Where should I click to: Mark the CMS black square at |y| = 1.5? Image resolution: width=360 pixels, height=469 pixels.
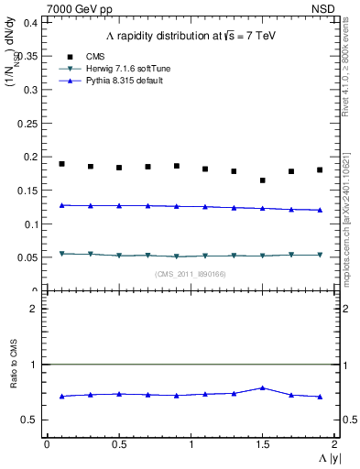tap(263, 180)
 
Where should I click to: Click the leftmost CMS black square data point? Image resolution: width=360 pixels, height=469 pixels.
tap(61, 164)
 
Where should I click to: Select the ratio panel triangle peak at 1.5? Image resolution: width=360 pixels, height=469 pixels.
tap(263, 387)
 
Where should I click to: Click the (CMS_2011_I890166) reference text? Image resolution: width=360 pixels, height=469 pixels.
tap(190, 273)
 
